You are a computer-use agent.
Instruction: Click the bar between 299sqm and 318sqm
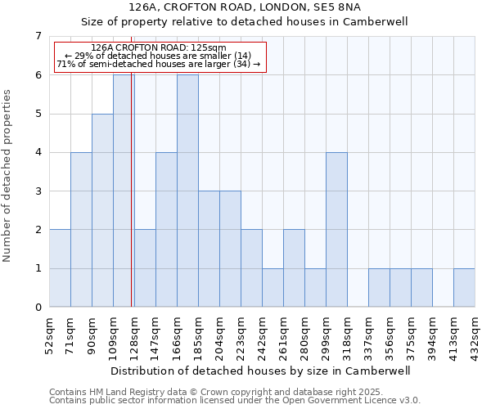pyautogui.click(x=336, y=230)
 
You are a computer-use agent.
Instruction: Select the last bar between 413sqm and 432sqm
pyautogui.click(x=464, y=288)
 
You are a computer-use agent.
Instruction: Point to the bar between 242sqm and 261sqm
pyautogui.click(x=273, y=288)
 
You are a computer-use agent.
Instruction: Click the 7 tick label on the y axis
pyautogui.click(x=38, y=36)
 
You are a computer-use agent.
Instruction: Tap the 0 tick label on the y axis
pyautogui.click(x=38, y=308)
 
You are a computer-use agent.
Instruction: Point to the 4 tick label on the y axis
pyautogui.click(x=38, y=152)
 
